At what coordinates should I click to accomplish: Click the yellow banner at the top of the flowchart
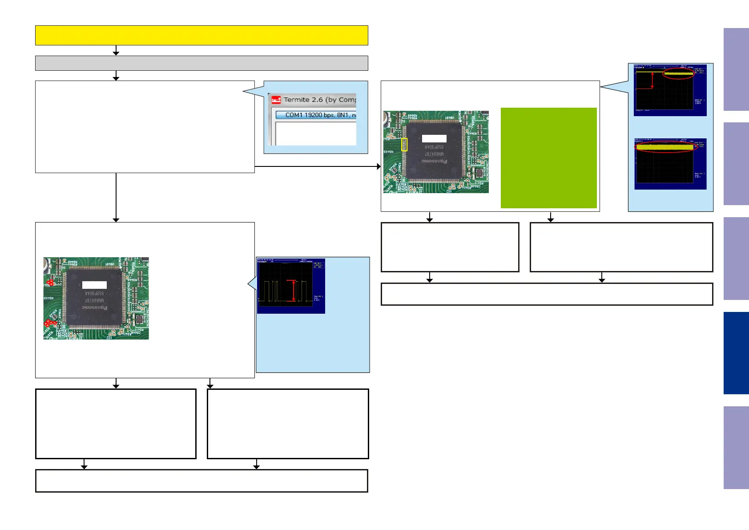[x=201, y=35]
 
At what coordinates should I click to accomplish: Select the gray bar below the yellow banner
[x=201, y=63]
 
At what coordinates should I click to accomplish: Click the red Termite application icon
[x=276, y=100]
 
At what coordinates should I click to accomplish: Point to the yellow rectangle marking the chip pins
[x=404, y=145]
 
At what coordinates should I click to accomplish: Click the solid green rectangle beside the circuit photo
[x=548, y=158]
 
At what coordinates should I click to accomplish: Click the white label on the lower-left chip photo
[x=94, y=285]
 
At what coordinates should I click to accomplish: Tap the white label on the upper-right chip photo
[x=434, y=138]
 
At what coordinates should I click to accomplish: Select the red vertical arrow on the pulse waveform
[x=294, y=291]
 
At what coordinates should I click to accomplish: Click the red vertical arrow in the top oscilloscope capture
[x=652, y=80]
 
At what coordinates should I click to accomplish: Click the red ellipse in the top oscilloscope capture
[x=678, y=74]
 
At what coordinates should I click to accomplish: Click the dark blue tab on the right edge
[x=736, y=353]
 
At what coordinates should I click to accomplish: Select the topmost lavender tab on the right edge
[x=736, y=69]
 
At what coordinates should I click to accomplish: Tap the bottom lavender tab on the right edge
[x=736, y=447]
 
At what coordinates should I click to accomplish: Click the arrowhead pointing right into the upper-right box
[x=379, y=166]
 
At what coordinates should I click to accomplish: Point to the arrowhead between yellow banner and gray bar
[x=116, y=53]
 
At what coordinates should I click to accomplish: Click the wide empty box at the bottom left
[x=201, y=481]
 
